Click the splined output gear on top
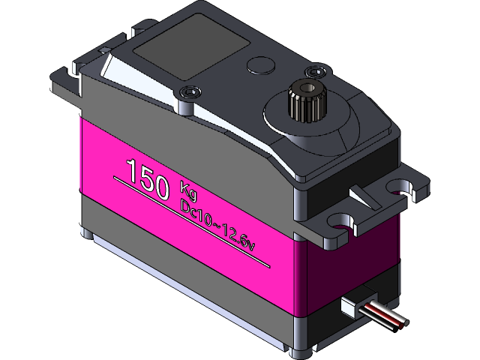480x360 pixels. point(307,103)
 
